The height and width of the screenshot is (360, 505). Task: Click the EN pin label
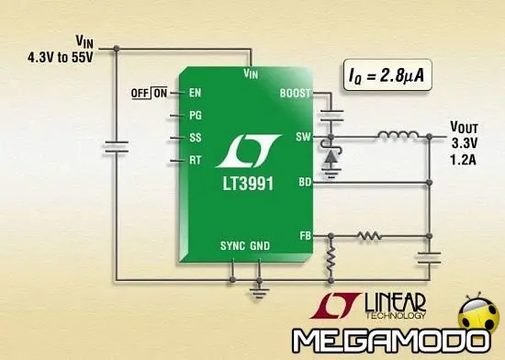(x=195, y=93)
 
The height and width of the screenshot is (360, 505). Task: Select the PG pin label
(x=195, y=117)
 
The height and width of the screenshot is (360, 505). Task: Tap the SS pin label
(x=195, y=139)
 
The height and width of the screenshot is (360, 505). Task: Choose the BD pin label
(x=305, y=183)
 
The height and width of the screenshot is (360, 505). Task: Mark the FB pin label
(x=305, y=235)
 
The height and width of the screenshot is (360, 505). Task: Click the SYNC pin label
(x=232, y=247)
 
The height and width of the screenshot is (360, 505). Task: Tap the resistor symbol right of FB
(x=368, y=236)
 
